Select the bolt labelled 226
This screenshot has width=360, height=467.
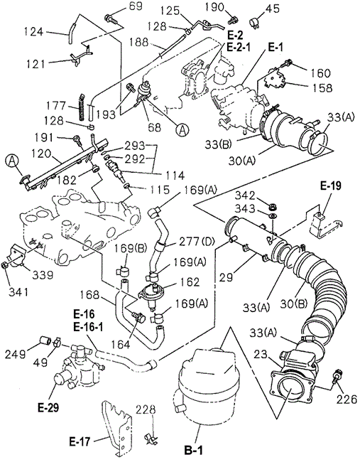click(x=337, y=377)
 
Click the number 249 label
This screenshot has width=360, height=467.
click(x=15, y=354)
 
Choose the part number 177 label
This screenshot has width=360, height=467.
click(x=56, y=106)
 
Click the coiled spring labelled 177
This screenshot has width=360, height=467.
click(x=82, y=106)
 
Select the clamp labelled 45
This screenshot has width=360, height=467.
click(x=253, y=22)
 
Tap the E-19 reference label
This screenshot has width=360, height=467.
click(x=331, y=186)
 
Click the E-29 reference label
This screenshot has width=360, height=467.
click(x=48, y=408)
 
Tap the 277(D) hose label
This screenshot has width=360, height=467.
click(x=197, y=242)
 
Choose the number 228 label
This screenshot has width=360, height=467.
click(x=146, y=409)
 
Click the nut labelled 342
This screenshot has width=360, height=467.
click(x=272, y=206)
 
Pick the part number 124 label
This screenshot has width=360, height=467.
click(x=33, y=32)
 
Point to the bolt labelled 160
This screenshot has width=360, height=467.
click(x=288, y=63)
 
